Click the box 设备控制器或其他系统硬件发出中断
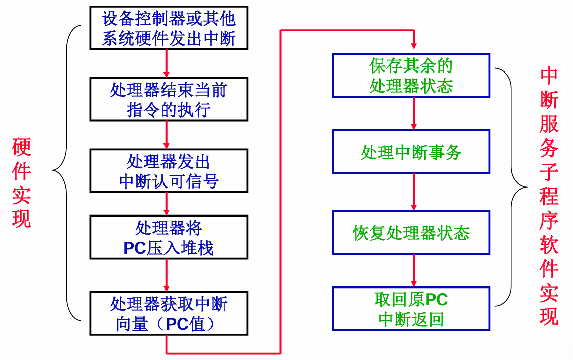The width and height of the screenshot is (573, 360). [x=169, y=28]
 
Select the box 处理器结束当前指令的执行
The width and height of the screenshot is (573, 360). [x=169, y=99]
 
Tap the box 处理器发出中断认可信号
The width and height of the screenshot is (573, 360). [x=169, y=171]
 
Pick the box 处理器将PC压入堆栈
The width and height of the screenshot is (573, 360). [x=169, y=237]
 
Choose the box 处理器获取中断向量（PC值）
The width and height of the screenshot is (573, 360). [x=169, y=313]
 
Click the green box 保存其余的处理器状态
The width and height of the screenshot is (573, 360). [x=411, y=76]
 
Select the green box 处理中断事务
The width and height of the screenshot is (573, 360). [x=411, y=152]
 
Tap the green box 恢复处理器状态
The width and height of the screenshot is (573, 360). [x=411, y=233]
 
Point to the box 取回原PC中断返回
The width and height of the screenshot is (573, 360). [x=411, y=308]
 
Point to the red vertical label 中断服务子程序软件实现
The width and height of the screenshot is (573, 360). [x=549, y=196]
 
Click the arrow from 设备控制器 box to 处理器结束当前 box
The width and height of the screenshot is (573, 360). [x=167, y=63]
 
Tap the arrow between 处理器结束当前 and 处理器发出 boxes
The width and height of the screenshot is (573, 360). [x=167, y=135]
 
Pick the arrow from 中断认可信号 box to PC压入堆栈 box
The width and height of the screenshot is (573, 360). [x=167, y=204]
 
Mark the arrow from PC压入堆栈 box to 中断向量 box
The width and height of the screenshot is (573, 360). [x=167, y=275]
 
